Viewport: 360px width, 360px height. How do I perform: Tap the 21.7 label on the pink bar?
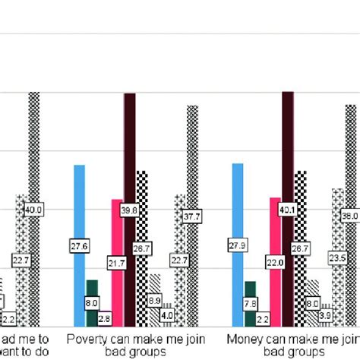[x=118, y=263]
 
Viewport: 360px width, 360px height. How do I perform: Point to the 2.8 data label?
[x=105, y=317]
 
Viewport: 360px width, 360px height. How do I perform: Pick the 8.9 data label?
[x=155, y=302]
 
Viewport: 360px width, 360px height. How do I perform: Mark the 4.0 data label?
[x=168, y=314]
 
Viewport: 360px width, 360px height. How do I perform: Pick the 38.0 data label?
[x=351, y=216]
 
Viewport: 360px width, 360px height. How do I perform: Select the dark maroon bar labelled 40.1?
[x=288, y=152]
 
